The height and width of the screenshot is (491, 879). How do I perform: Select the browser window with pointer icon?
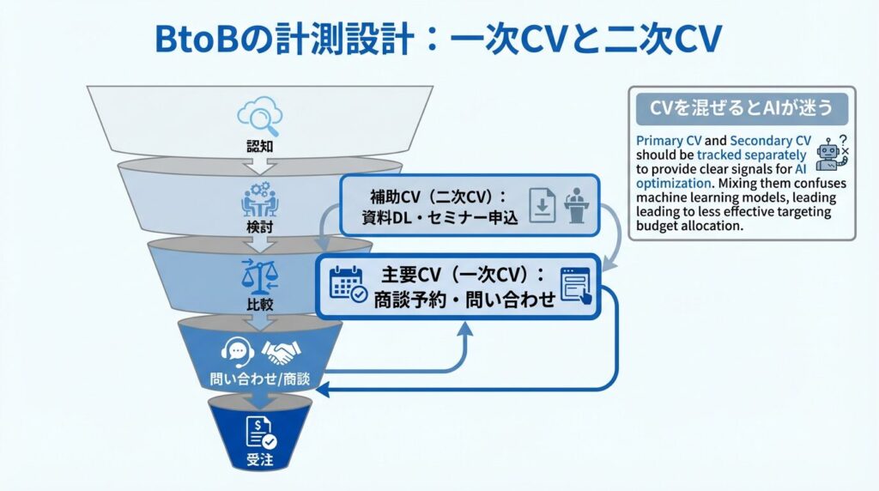pos(575,285)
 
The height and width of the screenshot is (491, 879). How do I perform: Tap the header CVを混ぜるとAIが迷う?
pos(742,108)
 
